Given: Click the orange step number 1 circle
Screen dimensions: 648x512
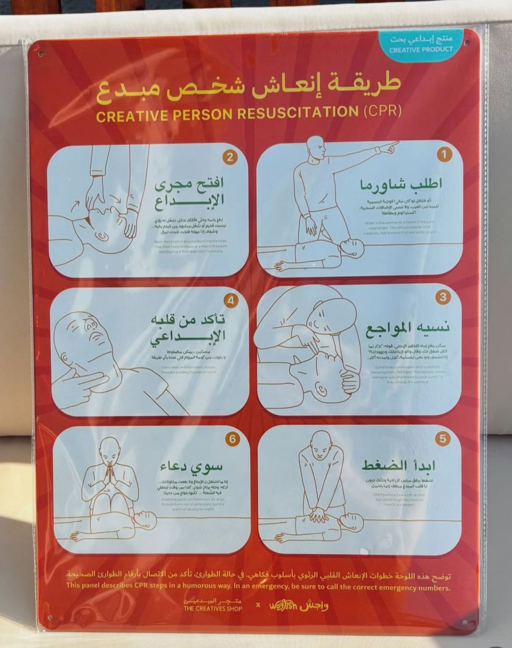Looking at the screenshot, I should tap(444, 154).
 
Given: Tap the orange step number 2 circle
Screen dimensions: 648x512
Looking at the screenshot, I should tap(229, 157).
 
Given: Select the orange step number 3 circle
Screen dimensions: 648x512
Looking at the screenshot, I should tap(443, 297).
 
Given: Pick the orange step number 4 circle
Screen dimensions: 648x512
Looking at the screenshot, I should tap(231, 300).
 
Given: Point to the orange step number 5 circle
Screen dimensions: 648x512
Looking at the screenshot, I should tap(442, 439).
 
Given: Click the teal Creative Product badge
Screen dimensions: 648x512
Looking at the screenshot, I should tap(421, 45).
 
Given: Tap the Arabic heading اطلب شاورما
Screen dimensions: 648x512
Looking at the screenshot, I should tap(401, 185).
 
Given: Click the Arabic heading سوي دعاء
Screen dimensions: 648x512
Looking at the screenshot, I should tap(191, 466).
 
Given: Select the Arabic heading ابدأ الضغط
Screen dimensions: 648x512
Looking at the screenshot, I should tap(398, 466).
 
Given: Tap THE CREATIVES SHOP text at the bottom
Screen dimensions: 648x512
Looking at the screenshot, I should tap(213, 608).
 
